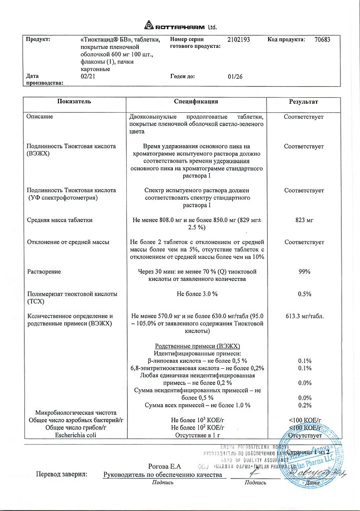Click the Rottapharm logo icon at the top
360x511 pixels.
click(x=149, y=25)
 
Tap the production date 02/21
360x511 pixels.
click(x=87, y=77)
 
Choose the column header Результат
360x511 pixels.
click(x=304, y=102)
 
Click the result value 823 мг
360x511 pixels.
click(x=304, y=220)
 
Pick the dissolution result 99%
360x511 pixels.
click(x=304, y=271)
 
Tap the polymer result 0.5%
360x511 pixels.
click(x=304, y=294)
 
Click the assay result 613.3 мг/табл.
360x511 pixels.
click(x=304, y=316)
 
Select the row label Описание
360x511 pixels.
click(x=39, y=117)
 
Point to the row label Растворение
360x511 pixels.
click(x=44, y=271)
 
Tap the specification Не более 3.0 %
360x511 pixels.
click(x=197, y=294)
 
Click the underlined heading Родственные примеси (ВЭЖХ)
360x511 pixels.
click(x=198, y=346)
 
